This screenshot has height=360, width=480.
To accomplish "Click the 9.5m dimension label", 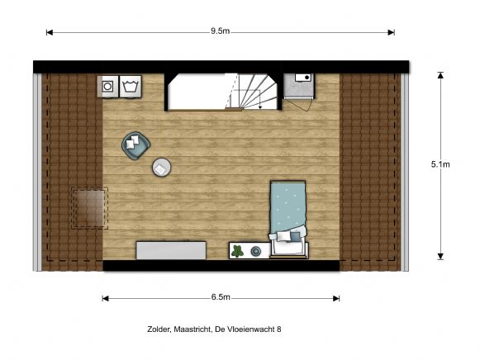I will coord(220,31).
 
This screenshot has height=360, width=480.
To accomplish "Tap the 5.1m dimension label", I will coord(440,164).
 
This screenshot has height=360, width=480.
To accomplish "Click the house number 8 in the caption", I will coord(278,329).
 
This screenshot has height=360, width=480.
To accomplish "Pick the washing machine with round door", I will coord(108,85).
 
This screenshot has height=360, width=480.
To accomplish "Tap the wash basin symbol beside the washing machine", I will coord(130,85).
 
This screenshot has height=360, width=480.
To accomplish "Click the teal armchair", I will coord(135,144).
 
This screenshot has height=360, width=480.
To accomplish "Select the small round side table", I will coord(161,168).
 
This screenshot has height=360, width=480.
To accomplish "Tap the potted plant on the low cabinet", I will coord(237,250).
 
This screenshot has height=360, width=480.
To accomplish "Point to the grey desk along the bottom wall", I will coord(172,249).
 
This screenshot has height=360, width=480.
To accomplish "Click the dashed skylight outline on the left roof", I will coord(89,208).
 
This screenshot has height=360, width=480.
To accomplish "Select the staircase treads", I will coord(247,91).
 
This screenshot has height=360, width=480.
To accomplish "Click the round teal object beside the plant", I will coord(256,251).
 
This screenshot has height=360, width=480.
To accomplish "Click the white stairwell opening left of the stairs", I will coord(194,92).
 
